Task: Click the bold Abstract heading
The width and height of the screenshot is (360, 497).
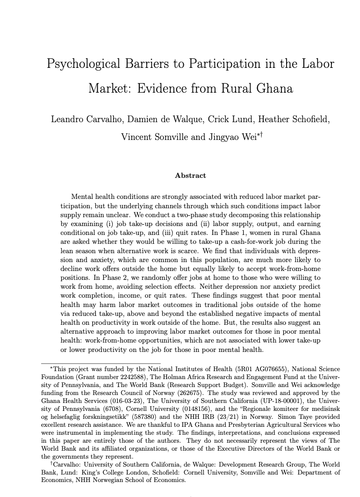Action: pos(190,175)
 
